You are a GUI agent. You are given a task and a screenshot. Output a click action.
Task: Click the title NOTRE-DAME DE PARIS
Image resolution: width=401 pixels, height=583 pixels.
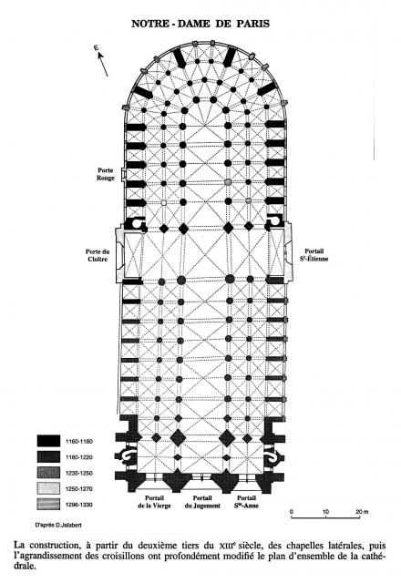click(x=200, y=24)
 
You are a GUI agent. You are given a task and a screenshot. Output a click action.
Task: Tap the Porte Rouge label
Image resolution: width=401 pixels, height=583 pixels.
click(x=106, y=174)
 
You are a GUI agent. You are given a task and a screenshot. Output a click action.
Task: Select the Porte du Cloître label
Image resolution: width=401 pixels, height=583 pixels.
click(x=98, y=255)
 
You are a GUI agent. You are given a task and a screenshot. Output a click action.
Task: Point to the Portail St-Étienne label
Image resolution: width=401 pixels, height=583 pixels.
click(x=314, y=255)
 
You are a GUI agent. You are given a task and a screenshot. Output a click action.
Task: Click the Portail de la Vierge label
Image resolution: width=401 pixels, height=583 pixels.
click(x=154, y=502)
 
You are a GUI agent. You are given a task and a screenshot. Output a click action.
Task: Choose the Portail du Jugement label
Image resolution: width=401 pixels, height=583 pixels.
click(x=202, y=502)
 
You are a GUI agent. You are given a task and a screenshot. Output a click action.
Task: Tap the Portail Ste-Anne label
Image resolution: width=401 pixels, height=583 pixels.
click(x=246, y=502)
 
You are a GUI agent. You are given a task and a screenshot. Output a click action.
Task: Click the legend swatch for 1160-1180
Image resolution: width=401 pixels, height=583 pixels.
click(x=48, y=441)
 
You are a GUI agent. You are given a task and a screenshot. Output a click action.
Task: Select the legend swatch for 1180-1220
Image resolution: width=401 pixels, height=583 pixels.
click(x=48, y=457)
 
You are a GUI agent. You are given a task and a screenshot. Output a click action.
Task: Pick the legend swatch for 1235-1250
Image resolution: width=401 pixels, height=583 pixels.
click(x=48, y=473)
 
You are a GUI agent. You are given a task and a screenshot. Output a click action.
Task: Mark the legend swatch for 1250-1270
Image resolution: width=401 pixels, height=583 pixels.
click(x=48, y=488)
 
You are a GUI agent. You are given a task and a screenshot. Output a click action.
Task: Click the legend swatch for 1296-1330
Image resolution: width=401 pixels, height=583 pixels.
click(x=48, y=504)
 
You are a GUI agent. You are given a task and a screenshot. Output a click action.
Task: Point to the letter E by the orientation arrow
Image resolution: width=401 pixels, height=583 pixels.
click(x=96, y=48)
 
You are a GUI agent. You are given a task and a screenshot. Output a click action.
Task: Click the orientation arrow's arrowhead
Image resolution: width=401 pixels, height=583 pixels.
click(x=100, y=56)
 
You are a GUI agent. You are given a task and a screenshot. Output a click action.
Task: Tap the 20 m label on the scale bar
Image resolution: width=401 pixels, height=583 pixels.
click(x=362, y=512)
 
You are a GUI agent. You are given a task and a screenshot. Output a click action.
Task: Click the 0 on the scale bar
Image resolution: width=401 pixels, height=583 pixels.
click(x=292, y=512)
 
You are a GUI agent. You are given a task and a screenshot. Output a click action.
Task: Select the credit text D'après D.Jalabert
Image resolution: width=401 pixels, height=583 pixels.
click(x=58, y=526)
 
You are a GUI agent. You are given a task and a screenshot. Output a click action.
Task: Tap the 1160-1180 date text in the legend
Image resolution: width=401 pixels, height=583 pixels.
click(x=79, y=441)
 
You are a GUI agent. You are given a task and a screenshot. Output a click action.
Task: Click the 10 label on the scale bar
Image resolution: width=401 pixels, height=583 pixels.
click(x=325, y=512)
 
